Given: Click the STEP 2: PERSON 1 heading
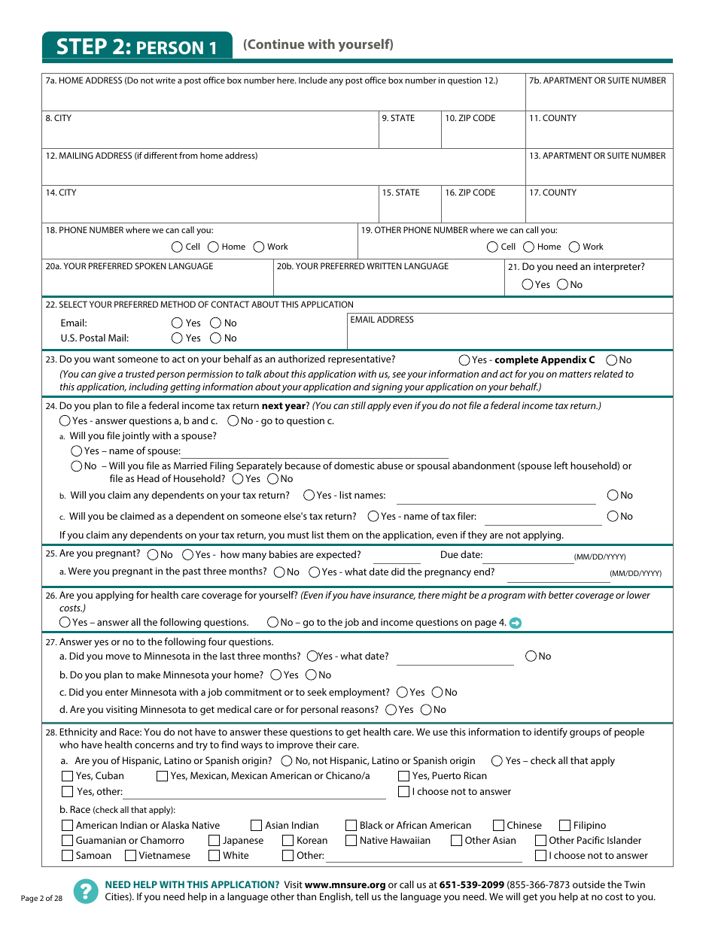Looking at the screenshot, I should [x=137, y=47].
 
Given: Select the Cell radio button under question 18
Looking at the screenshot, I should [x=177, y=247].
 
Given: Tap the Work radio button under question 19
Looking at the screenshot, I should [x=574, y=247].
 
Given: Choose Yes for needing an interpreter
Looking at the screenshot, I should [x=528, y=284].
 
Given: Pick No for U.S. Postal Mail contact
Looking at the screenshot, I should [x=215, y=338].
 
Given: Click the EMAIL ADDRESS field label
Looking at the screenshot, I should [x=382, y=320].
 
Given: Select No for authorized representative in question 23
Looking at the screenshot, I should [x=611, y=360].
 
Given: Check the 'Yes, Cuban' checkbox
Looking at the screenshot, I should [x=68, y=776].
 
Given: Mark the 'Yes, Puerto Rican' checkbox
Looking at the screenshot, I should [x=404, y=776].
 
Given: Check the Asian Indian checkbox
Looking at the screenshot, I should [x=257, y=826].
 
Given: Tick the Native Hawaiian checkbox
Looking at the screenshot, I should [x=351, y=841].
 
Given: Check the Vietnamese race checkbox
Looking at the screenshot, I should [x=131, y=856].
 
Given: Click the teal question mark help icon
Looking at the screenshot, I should [x=86, y=891].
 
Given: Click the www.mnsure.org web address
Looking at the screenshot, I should [x=345, y=885].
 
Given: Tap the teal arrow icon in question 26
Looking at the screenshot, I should [x=516, y=623].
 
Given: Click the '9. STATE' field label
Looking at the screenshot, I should [x=398, y=118].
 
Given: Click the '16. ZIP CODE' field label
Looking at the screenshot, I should [x=470, y=193].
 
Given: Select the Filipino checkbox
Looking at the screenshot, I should [x=565, y=826].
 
